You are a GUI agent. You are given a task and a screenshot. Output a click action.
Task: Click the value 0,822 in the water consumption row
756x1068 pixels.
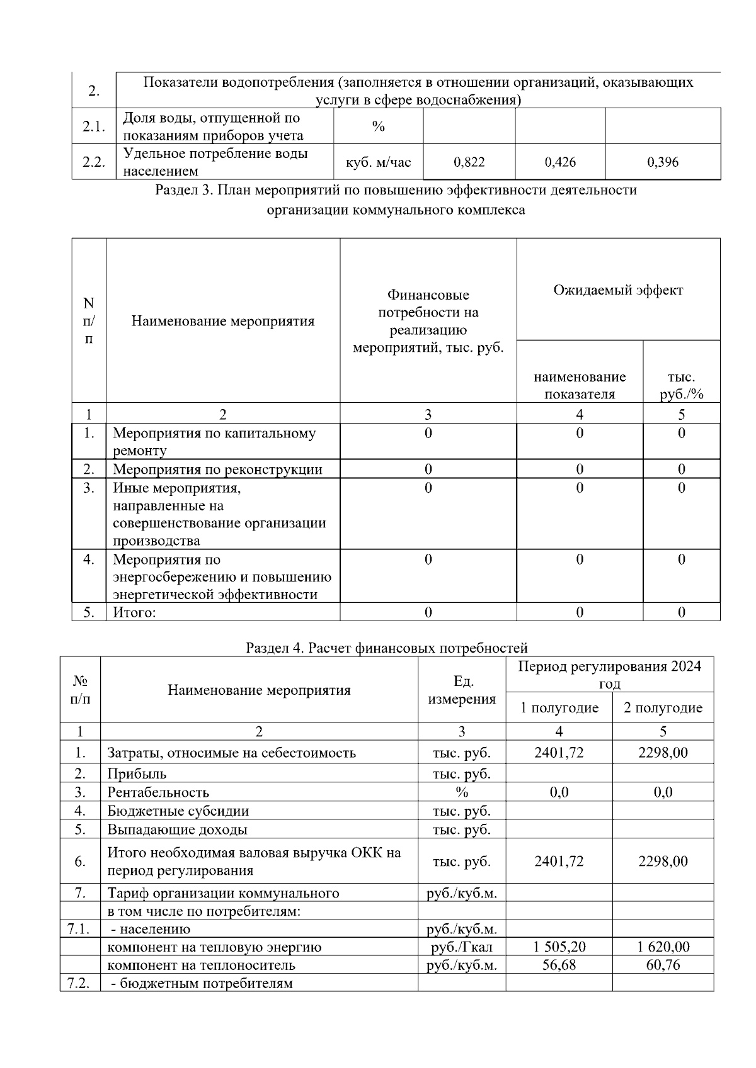[469, 162]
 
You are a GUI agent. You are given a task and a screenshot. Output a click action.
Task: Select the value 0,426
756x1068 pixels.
[559, 162]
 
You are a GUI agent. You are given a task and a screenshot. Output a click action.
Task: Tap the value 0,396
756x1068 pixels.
[663, 162]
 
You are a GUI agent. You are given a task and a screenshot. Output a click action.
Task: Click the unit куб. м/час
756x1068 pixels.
[378, 162]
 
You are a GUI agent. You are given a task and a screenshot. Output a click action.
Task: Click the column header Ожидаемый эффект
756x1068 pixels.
[618, 290]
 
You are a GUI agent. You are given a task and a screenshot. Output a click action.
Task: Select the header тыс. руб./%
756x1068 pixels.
[681, 386]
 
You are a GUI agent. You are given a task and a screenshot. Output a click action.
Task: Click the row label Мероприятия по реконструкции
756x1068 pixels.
[217, 469]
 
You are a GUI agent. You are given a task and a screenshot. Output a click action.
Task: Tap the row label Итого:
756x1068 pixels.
[134, 612]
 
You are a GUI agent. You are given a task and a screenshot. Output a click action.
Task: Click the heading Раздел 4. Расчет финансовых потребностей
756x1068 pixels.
[386, 648]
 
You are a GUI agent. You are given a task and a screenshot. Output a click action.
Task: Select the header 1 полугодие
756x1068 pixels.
[559, 708]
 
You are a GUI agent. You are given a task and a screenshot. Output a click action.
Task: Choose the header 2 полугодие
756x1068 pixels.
[663, 708]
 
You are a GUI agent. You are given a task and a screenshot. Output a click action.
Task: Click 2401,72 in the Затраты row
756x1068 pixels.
[559, 753]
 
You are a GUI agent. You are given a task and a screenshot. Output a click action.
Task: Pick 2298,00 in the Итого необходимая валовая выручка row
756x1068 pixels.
[663, 861]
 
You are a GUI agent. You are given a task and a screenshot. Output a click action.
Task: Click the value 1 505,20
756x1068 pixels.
[559, 947]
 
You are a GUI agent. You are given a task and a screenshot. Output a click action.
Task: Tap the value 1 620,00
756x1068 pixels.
[663, 947]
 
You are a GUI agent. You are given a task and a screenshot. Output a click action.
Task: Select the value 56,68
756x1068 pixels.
[559, 965]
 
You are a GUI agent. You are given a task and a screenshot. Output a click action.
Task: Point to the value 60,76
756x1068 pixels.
[663, 965]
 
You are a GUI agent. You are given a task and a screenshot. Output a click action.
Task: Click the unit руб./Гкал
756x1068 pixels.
[462, 947]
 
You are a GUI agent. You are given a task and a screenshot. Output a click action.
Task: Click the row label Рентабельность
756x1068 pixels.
[158, 792]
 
